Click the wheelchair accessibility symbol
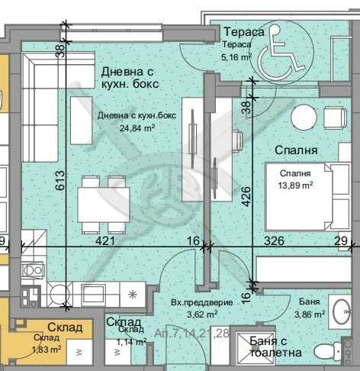click(x=281, y=57)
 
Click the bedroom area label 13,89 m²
click(x=294, y=184)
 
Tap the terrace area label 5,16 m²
click(x=236, y=56)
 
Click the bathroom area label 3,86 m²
click(x=310, y=313)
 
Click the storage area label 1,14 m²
click(x=131, y=343)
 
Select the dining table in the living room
click(x=104, y=203)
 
